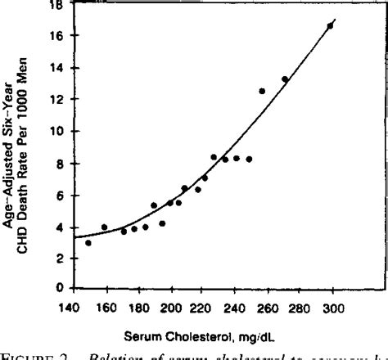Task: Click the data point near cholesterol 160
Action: [x=104, y=227]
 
